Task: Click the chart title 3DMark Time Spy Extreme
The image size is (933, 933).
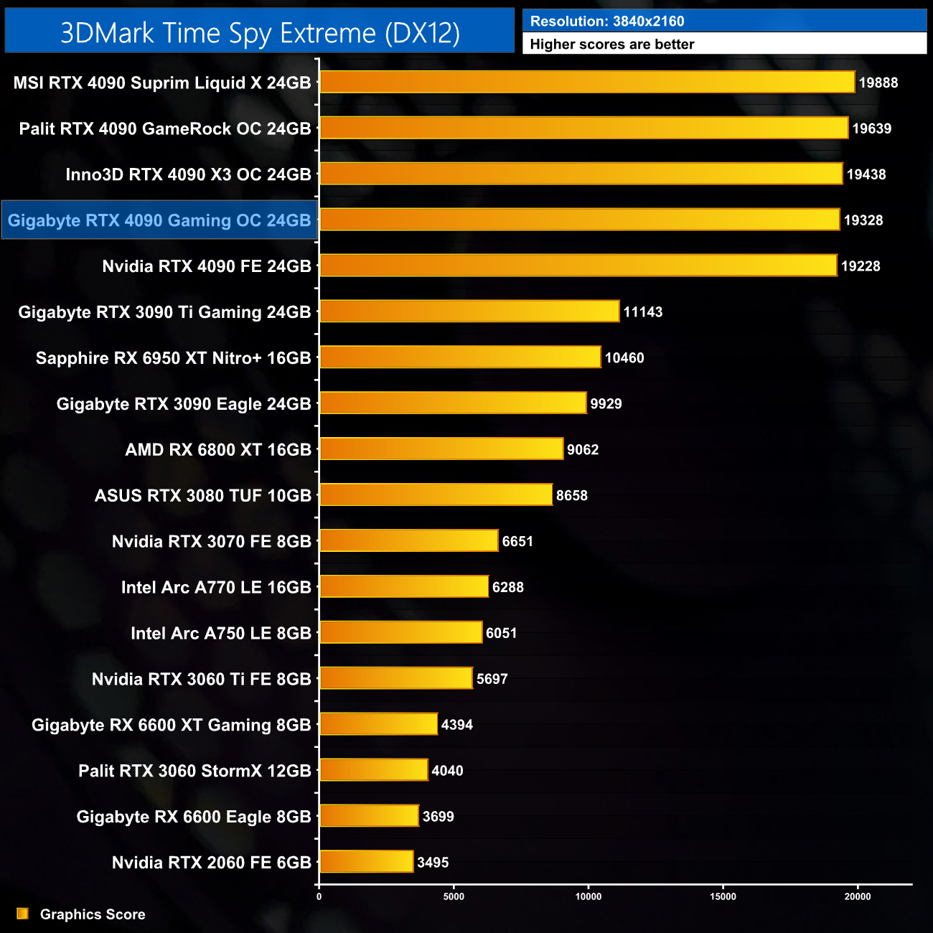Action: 260,33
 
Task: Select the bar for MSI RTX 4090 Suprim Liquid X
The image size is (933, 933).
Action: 587,83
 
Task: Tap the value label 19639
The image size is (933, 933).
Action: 871,128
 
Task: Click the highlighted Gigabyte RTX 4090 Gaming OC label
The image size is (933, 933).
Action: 159,220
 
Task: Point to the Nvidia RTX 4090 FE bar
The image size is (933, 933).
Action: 578,266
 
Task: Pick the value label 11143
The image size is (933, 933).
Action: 642,312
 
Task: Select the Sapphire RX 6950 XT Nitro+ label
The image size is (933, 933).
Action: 173,358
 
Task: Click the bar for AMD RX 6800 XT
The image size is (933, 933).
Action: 441,449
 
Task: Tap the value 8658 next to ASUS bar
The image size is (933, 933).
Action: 571,495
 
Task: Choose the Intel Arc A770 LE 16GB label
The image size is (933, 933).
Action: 216,587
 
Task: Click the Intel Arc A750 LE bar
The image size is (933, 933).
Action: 400,632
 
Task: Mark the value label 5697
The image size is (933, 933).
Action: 492,679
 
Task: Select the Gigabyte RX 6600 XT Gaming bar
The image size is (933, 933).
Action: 378,724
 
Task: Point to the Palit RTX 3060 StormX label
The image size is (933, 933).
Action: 194,771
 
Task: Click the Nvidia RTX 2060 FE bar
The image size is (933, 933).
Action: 366,862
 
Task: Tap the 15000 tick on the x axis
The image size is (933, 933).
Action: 723,896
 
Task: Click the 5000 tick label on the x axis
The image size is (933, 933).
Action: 454,896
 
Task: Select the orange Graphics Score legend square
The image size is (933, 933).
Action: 23,914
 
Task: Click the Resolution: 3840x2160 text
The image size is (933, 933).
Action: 607,22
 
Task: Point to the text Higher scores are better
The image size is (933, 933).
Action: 612,44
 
